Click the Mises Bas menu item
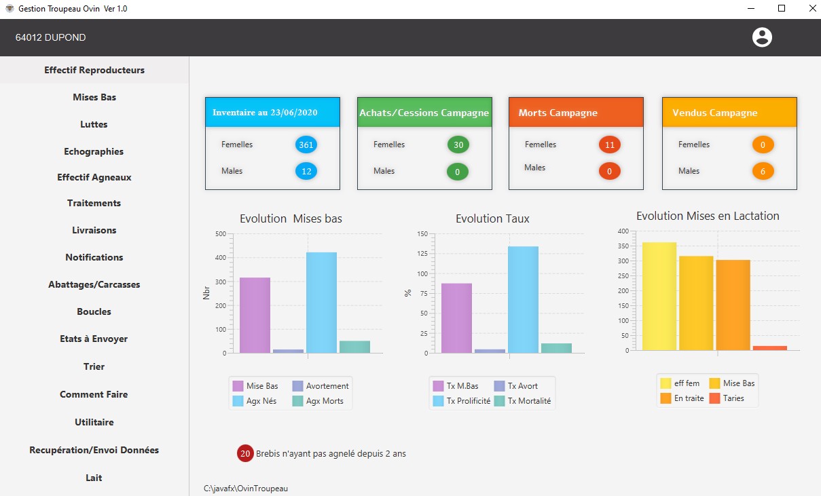(x=94, y=97)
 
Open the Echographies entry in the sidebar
(x=94, y=151)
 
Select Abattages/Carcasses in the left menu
(x=94, y=284)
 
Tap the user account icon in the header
(x=762, y=37)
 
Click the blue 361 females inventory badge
(x=306, y=145)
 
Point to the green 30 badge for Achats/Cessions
(x=458, y=145)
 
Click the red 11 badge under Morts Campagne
(x=610, y=145)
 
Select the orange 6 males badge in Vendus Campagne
(x=763, y=172)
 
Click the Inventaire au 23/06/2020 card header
(x=272, y=113)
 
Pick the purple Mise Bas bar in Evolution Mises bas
(x=255, y=316)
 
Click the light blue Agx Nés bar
(x=321, y=303)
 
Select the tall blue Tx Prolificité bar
(x=523, y=300)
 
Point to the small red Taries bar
(x=769, y=348)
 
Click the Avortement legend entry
(x=321, y=385)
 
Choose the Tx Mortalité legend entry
(x=523, y=401)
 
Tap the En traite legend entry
(x=682, y=398)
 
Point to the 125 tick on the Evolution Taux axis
(x=422, y=254)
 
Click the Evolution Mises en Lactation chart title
(x=708, y=216)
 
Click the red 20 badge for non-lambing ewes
(x=245, y=453)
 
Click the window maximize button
(x=782, y=8)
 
